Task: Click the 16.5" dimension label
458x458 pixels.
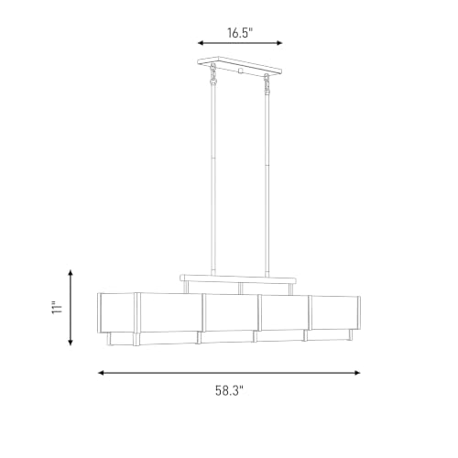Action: (240, 33)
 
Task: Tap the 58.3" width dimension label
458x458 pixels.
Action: (229, 390)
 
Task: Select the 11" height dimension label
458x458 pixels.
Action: (57, 308)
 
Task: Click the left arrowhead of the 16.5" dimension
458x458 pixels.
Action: (201, 43)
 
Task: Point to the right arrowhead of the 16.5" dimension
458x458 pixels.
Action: (279, 43)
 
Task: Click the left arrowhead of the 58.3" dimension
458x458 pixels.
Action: (101, 373)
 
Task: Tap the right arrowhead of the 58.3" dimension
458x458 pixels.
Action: (357, 373)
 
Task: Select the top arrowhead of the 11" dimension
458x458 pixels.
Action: (71, 273)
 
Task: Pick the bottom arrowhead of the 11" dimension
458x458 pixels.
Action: (71, 342)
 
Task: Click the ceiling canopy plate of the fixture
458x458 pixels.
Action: (240, 65)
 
